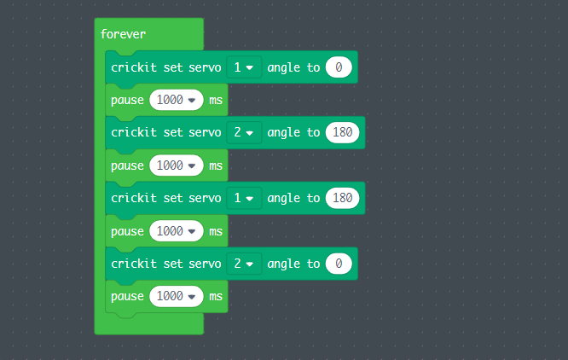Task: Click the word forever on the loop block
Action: click(x=123, y=34)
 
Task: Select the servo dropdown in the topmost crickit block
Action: click(x=244, y=67)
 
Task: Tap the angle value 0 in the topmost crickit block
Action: click(x=339, y=67)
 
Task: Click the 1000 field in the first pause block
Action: click(x=177, y=100)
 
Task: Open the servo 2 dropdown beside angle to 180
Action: click(x=244, y=132)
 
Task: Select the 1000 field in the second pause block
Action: click(x=177, y=165)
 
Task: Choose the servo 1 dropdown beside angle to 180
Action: click(x=244, y=198)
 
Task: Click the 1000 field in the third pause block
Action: click(x=177, y=231)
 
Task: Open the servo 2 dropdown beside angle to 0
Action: click(x=244, y=264)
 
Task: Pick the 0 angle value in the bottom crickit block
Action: click(x=339, y=264)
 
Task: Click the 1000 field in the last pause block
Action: click(x=177, y=296)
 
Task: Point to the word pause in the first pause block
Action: click(x=127, y=100)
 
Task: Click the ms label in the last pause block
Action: click(x=216, y=296)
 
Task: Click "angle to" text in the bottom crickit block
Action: click(x=293, y=264)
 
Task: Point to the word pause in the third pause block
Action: click(x=127, y=231)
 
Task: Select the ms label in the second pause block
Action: click(x=216, y=165)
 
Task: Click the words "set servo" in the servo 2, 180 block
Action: click(x=192, y=132)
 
